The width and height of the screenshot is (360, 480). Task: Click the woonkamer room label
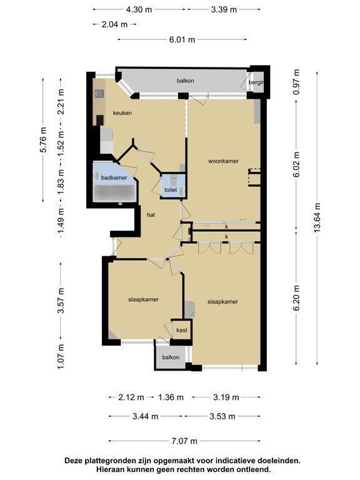(223, 161)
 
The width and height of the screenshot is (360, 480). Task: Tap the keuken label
(122, 113)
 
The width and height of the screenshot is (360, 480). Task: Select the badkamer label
(114, 177)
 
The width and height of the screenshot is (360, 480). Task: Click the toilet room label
(171, 190)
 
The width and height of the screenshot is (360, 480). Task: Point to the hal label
(151, 215)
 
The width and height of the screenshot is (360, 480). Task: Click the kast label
(181, 330)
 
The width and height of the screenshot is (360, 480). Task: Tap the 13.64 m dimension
(317, 218)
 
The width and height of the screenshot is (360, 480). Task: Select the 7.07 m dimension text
(184, 441)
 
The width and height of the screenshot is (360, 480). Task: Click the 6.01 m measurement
(182, 39)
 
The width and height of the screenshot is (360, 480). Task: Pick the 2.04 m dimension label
(114, 24)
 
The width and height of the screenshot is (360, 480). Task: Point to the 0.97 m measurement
(296, 82)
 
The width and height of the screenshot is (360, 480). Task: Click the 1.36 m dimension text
(171, 397)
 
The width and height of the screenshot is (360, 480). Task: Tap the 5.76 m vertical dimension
(43, 139)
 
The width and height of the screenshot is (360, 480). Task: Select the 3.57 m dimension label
(61, 301)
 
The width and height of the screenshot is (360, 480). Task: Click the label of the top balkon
(185, 81)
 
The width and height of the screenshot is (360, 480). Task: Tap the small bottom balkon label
(171, 357)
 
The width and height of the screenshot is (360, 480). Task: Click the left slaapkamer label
(143, 299)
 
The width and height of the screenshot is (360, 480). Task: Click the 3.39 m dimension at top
(224, 9)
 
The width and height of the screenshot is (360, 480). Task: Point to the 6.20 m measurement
(296, 298)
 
